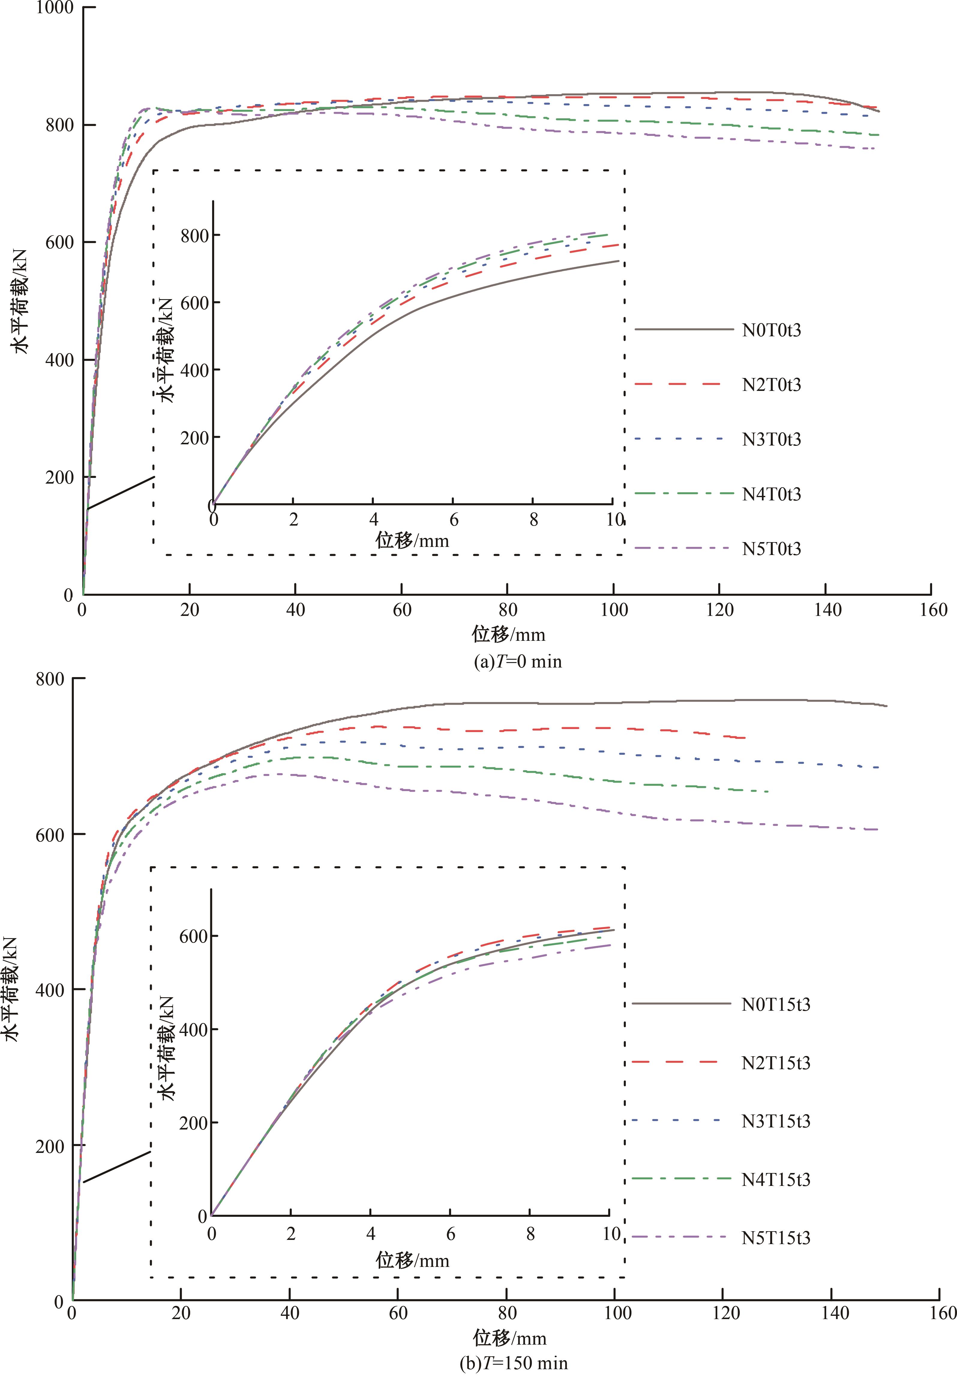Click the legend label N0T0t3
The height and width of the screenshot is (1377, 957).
pos(771,330)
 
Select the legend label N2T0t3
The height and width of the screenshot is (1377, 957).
pos(771,385)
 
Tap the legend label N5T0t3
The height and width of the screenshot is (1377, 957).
pos(771,549)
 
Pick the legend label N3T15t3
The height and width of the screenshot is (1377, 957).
pos(775,1121)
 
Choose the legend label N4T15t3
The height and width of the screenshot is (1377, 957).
pos(775,1180)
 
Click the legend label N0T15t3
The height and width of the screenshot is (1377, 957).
pos(775,1004)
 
